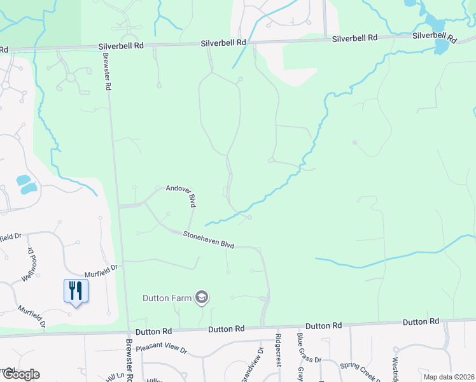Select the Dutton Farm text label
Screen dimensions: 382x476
click(x=167, y=297)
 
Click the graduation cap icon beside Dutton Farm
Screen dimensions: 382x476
click(x=202, y=297)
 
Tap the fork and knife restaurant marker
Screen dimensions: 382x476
click(x=76, y=291)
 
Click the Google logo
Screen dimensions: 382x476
click(x=20, y=374)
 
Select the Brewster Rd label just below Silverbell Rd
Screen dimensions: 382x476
click(x=107, y=70)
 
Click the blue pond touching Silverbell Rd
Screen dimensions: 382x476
click(x=441, y=46)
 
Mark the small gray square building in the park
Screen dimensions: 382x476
click(x=354, y=143)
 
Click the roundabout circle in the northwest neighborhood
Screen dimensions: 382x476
click(x=70, y=77)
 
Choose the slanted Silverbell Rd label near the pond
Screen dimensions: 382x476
click(x=435, y=37)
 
